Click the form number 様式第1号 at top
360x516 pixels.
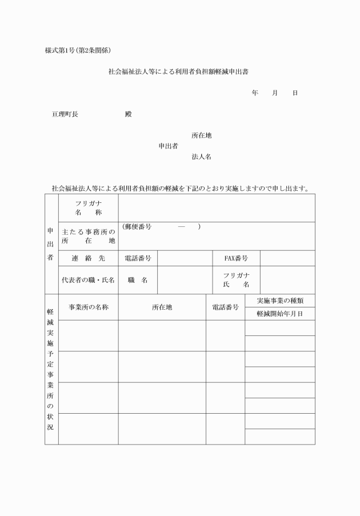(62, 50)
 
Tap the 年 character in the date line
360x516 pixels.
(255, 93)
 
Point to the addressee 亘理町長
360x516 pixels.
(65, 114)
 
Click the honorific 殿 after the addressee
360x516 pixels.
(128, 114)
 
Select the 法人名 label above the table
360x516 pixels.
(201, 157)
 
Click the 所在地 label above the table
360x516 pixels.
(201, 135)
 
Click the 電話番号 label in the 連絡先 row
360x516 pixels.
(137, 258)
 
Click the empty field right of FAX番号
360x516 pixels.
(287, 258)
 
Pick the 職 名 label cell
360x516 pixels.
(137, 280)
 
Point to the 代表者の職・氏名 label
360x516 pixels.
(88, 280)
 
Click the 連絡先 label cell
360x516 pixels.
(88, 258)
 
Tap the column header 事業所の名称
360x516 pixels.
(89, 307)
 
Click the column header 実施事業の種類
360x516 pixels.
(279, 301)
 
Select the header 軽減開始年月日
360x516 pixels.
(279, 314)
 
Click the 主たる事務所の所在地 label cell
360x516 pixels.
(88, 236)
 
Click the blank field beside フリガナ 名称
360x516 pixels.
(216, 208)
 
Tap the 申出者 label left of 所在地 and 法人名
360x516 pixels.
(168, 146)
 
